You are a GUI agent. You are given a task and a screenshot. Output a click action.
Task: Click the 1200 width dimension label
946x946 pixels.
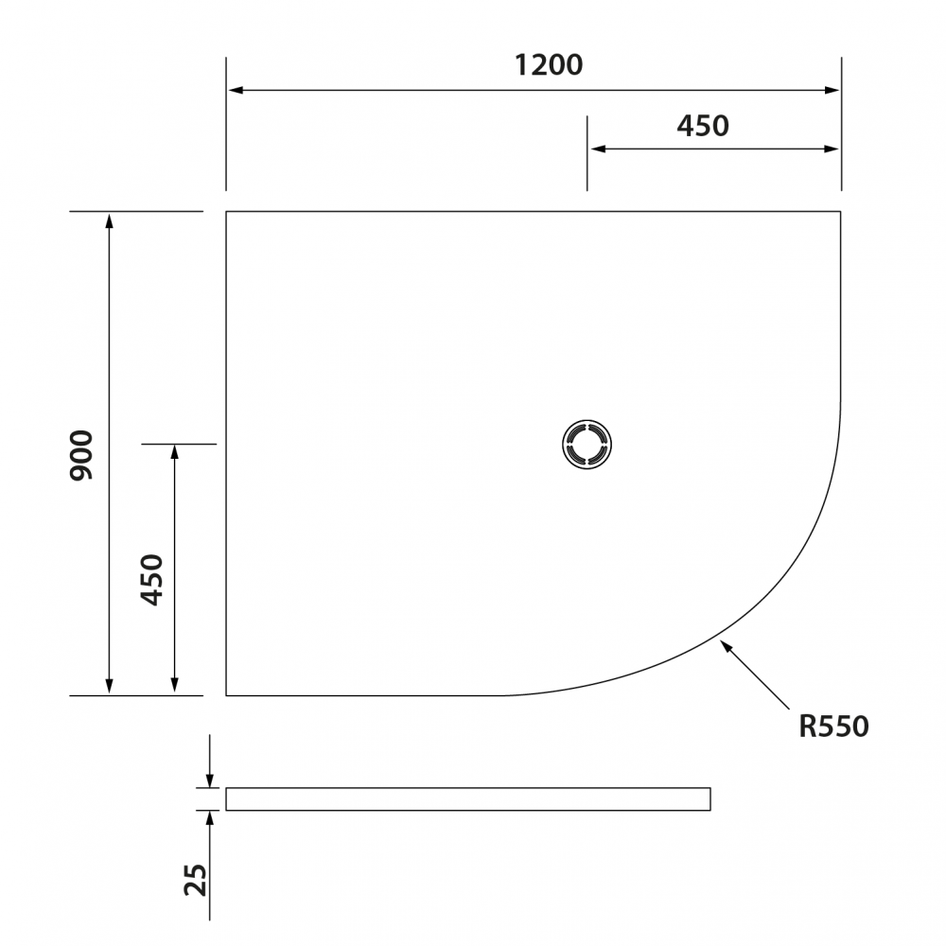(x=549, y=65)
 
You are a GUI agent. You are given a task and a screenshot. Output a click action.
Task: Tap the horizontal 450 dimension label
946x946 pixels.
(x=703, y=126)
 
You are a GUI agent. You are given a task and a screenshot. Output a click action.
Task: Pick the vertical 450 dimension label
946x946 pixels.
(x=152, y=579)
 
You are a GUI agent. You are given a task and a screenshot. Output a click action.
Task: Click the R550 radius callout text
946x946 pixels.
(x=833, y=727)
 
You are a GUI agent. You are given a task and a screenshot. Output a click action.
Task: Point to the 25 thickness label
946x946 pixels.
(x=196, y=880)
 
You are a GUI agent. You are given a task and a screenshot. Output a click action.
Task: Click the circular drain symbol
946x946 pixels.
(x=587, y=445)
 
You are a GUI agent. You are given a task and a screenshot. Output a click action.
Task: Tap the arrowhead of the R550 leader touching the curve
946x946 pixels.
(x=727, y=647)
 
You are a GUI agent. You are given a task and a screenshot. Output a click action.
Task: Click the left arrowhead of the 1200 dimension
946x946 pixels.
(x=236, y=91)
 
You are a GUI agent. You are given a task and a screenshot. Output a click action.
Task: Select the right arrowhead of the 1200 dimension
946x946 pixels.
(x=832, y=91)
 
